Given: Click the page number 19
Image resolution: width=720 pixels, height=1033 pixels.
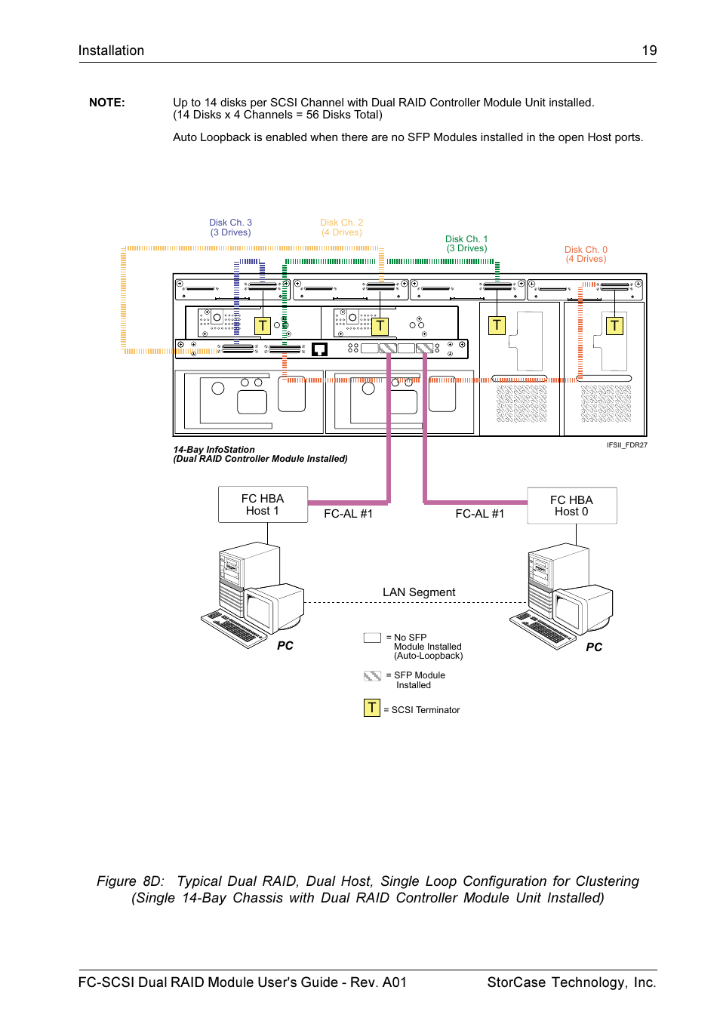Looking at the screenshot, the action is (649, 51).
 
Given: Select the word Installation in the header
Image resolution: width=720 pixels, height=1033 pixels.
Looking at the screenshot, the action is (111, 51).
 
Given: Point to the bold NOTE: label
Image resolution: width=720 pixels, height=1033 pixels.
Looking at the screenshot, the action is (107, 103).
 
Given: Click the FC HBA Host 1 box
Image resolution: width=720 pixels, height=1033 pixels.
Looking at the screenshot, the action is (263, 505).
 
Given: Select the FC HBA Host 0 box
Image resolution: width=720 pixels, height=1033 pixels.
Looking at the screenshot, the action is (571, 506).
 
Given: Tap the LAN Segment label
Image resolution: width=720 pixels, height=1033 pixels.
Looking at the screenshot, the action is (419, 592).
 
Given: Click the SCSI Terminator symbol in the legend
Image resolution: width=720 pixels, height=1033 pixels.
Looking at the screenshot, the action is (372, 708).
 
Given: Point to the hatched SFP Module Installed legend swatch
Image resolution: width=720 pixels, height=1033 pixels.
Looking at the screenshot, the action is (372, 675).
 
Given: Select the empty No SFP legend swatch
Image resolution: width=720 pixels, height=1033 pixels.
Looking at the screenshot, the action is (372, 638).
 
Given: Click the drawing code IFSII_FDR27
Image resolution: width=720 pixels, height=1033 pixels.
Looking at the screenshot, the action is (627, 445).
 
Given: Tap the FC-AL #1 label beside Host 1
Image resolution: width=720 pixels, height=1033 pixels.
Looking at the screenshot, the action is (348, 514).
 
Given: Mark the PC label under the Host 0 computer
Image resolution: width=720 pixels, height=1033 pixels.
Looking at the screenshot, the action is (594, 647).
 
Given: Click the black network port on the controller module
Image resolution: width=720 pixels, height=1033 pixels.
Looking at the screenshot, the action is (319, 349).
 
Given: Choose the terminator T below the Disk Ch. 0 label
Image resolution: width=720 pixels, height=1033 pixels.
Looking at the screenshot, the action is (614, 325).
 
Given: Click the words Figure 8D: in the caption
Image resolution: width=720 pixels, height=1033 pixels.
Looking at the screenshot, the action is (131, 881).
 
